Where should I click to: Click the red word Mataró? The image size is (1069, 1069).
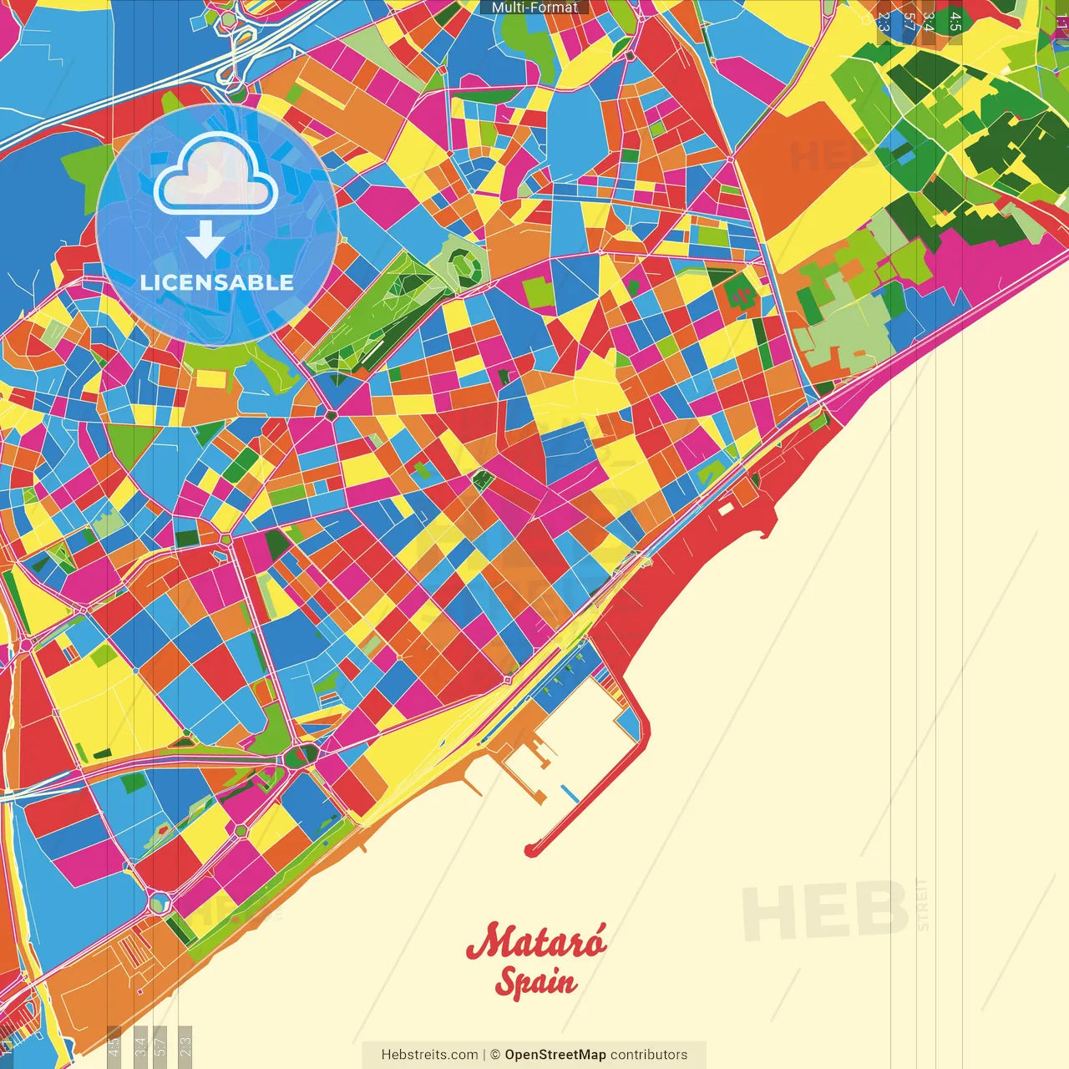536,941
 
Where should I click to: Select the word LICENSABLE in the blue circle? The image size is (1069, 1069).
216,282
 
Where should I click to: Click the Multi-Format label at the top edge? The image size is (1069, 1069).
534,8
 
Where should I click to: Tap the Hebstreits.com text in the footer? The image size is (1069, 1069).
429,1055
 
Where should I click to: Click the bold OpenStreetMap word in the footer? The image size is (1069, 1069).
555,1055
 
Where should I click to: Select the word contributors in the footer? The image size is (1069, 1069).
649,1055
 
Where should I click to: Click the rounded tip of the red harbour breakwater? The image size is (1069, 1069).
530,850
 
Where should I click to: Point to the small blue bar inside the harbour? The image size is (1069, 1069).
570,793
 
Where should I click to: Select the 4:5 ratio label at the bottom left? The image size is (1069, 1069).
114,1046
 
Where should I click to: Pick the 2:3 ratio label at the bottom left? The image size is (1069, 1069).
185,1046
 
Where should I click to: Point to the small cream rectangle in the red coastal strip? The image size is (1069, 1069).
725,508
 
